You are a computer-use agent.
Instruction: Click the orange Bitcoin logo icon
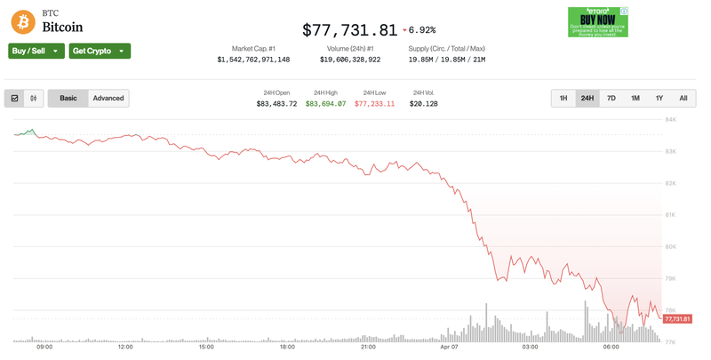coord(23,21)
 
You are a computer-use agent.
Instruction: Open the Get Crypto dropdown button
coord(100,51)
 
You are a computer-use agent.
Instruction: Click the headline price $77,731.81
coord(349,29)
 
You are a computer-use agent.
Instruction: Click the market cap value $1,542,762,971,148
coord(253,60)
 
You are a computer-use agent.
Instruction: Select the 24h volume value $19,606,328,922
coord(350,60)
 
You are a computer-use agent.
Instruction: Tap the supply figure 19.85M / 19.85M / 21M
coord(446,60)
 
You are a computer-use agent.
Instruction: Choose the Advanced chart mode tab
coord(108,98)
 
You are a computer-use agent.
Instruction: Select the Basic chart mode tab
coord(68,98)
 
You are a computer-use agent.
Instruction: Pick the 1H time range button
coord(563,98)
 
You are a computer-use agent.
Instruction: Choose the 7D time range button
coord(611,98)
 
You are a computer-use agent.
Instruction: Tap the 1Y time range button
coord(659,98)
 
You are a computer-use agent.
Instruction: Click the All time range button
coord(683,98)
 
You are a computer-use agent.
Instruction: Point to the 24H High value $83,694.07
coord(325,104)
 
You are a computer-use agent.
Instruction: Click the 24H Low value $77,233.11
coord(374,104)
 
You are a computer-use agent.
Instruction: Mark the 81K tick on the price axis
coord(671,215)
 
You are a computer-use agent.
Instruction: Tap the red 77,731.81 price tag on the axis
coord(676,318)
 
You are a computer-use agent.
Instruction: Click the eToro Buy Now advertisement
coord(598,21)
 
